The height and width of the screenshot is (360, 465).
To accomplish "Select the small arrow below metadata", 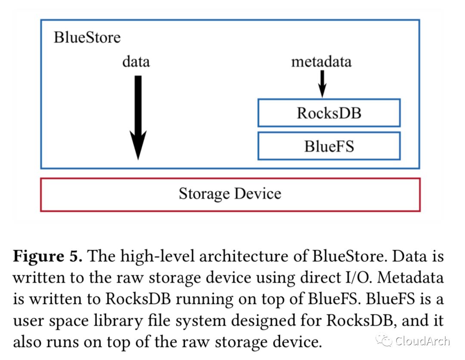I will tap(322, 84).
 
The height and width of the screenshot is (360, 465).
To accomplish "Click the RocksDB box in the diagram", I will tap(329, 113).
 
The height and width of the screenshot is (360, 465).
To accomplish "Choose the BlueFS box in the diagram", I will tap(329, 146).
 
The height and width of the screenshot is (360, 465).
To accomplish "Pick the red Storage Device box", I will tap(230, 194).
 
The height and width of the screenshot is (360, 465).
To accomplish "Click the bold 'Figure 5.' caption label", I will tap(48, 257).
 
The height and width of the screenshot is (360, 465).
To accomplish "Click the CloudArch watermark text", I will tap(422, 341).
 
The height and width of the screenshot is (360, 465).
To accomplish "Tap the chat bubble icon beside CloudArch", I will tap(384, 341).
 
